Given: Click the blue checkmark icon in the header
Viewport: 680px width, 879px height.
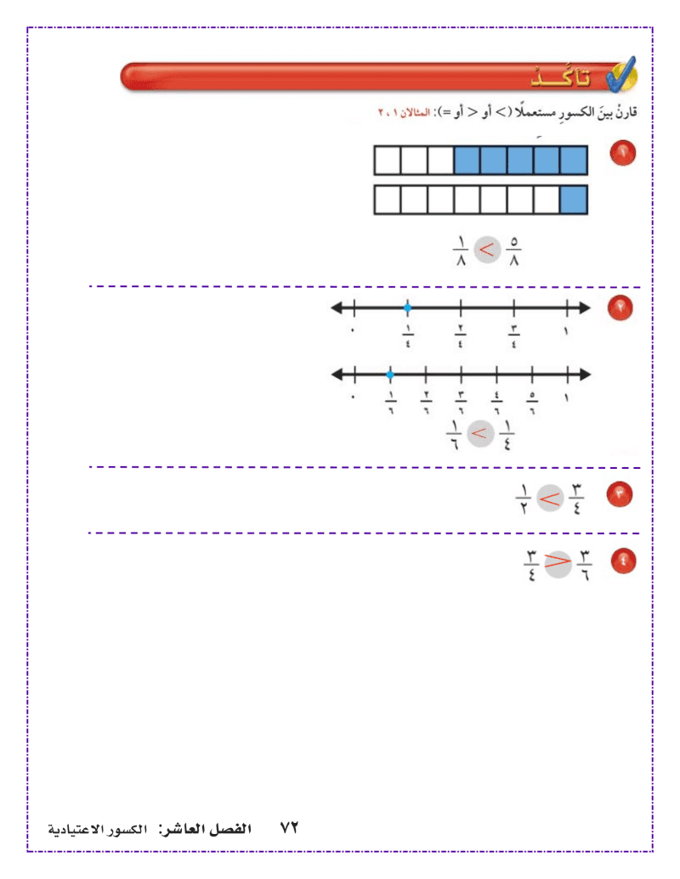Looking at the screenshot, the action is point(621,75).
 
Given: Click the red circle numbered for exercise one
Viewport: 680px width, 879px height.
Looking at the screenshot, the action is point(622,153).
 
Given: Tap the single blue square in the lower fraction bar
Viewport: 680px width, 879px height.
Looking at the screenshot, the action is point(574,200).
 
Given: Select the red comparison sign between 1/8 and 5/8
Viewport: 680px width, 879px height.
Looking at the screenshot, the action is point(486,250).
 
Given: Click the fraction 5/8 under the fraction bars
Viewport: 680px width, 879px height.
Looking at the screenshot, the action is point(513,251).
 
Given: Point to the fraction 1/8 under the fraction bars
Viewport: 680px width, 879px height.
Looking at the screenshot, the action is point(460,251).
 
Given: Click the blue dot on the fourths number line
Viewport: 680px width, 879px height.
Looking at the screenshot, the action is point(407,307).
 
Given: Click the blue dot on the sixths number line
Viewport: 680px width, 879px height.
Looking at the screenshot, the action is point(390,375).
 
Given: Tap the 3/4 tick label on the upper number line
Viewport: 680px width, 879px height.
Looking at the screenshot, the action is point(514,335).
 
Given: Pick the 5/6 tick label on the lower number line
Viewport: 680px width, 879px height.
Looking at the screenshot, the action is point(532,403).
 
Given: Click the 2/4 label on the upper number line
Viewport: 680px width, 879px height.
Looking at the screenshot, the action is point(461,335).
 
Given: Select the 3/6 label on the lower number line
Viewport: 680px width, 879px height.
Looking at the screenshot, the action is point(461,403).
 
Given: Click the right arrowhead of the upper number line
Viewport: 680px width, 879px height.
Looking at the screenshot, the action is point(585,307).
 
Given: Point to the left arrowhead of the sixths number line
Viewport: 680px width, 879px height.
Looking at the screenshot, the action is point(337,375).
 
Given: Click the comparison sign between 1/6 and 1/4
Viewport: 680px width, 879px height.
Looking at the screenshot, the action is point(479,433).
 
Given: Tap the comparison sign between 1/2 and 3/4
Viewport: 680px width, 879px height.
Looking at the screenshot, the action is point(550,499).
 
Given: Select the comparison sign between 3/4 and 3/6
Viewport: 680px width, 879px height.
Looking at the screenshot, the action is point(558,562).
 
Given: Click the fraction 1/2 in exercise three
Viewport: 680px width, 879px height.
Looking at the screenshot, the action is point(523,499).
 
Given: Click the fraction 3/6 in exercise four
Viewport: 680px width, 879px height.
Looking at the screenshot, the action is point(585,565).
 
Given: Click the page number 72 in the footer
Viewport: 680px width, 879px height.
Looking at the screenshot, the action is point(289,828).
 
